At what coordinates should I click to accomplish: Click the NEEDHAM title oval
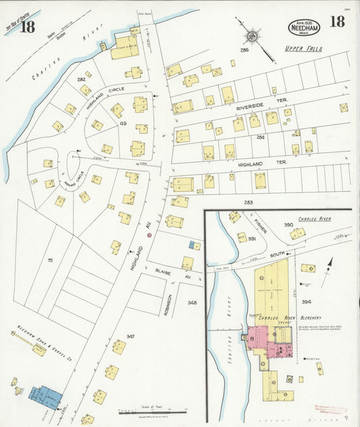(x=305, y=27)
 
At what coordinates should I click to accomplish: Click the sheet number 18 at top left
(x=27, y=27)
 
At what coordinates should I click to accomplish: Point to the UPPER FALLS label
(x=303, y=49)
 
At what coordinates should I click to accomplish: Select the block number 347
(x=130, y=336)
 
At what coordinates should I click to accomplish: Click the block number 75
(x=50, y=259)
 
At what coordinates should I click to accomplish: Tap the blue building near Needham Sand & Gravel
(x=45, y=397)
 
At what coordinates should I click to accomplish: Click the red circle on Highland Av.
(x=150, y=236)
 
